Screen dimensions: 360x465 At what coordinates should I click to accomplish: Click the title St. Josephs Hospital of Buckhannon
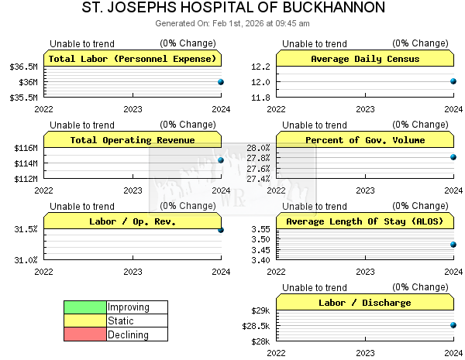pos(232,9)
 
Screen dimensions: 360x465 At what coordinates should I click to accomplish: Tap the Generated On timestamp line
pos(232,23)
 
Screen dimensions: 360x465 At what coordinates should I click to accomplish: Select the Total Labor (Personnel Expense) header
pos(133,59)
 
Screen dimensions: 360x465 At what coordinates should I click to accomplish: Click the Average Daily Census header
pos(365,59)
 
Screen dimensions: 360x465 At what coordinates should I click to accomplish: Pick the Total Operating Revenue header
pos(133,140)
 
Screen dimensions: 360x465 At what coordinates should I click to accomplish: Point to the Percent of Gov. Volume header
pos(365,140)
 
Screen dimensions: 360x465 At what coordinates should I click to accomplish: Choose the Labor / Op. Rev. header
pos(133,221)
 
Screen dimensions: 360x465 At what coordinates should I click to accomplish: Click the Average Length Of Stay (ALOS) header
pos(365,221)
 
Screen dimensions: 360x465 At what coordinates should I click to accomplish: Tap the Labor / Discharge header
pos(365,303)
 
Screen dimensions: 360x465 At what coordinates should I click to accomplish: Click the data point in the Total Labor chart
pos(221,81)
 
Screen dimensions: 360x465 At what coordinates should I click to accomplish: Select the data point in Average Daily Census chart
pos(453,81)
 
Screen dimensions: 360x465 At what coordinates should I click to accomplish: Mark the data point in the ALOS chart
pos(453,245)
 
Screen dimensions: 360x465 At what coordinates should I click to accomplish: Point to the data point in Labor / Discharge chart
pos(453,325)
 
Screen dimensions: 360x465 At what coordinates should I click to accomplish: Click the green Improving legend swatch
pos(85,307)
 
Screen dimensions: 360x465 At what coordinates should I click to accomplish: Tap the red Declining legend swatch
pos(85,335)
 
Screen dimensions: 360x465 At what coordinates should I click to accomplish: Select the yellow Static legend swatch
pos(85,321)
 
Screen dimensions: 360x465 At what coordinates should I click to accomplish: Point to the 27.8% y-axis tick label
pos(258,158)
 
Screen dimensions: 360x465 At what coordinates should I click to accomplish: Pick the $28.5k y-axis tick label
pos(257,326)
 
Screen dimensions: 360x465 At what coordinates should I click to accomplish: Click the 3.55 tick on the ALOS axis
pos(260,229)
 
